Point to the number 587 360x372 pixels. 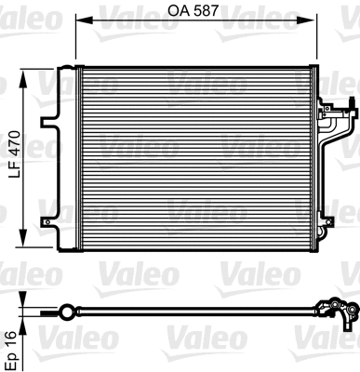[x=208, y=12]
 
